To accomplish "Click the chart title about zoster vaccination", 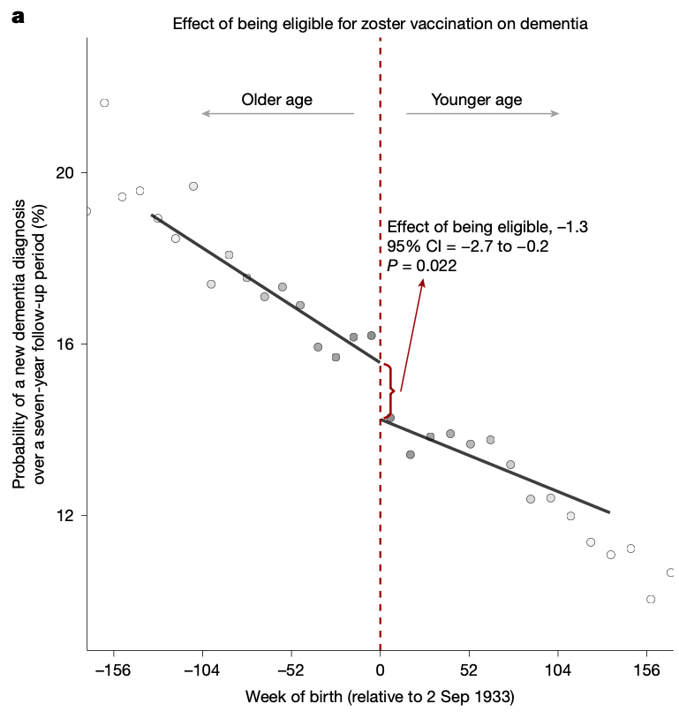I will coord(380,23).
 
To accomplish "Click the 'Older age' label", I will coord(277,100).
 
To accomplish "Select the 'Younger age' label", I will coord(476,100).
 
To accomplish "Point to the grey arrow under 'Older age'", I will coord(277,113).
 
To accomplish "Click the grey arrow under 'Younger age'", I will coord(482,113).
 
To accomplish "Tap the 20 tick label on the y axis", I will coord(64,172).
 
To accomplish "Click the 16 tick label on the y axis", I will coord(64,344).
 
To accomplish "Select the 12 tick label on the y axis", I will coord(64,515).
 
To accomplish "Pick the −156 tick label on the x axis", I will coord(112,670).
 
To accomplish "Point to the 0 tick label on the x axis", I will coord(381,670).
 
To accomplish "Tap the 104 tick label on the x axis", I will coord(558,670).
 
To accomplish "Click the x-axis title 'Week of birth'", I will coord(380,697).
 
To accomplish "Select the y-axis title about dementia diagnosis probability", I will coord(27,344).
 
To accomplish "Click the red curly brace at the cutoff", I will coord(389,390).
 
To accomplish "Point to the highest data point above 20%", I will coord(104,103).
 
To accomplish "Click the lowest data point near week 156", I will coord(651,599).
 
